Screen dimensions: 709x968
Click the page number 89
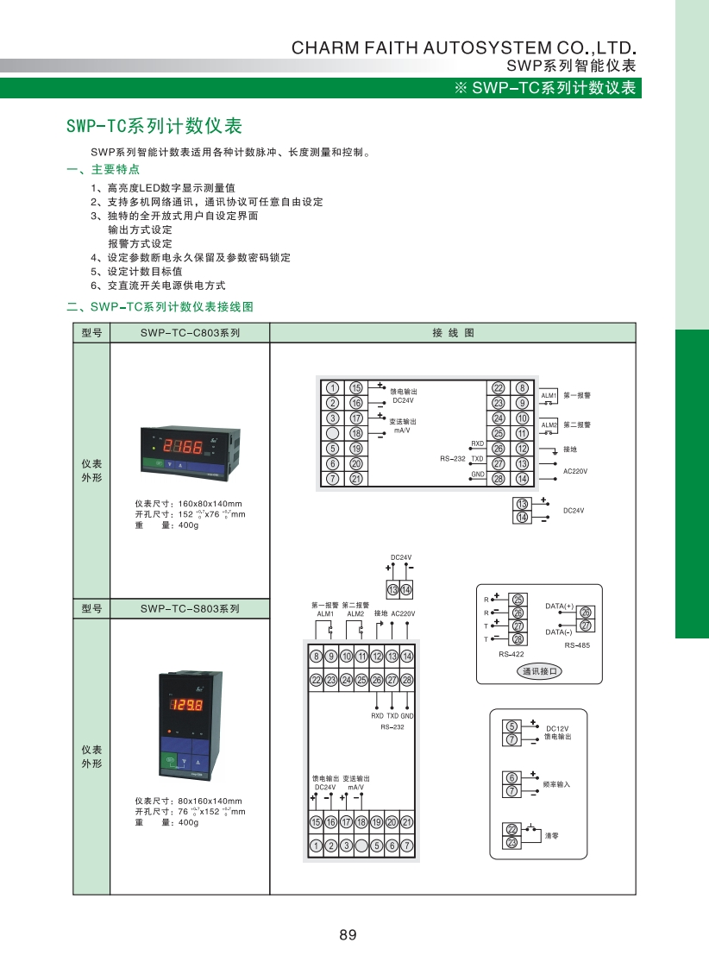pos(348,934)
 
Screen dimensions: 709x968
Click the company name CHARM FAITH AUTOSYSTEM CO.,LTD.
pos(464,47)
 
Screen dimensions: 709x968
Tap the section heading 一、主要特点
pos(103,169)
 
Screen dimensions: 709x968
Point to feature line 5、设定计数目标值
pos(136,271)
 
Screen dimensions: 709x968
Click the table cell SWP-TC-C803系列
pos(190,332)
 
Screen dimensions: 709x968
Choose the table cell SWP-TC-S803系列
pos(190,609)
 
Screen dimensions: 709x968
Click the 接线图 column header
pos(453,332)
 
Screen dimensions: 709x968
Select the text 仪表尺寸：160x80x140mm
pos(188,504)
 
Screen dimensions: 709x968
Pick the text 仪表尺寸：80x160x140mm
pos(188,801)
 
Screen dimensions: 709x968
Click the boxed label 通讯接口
pos(540,671)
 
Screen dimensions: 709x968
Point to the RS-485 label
pos(577,645)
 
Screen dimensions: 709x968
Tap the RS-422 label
pos(511,655)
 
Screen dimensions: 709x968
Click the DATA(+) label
pos(560,606)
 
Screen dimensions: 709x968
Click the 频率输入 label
pos(556,784)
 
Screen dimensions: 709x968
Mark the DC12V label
pos(558,728)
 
